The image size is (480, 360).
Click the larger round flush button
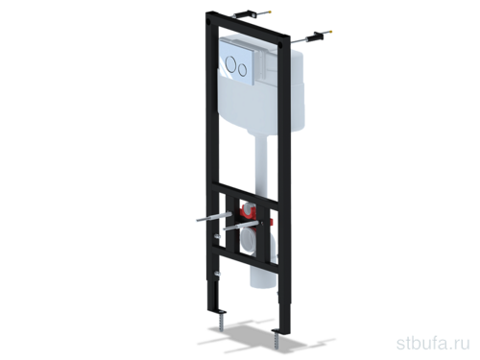[x=230, y=63]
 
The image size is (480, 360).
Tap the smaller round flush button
[x=242, y=69]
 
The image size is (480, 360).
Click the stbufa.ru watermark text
[x=433, y=344]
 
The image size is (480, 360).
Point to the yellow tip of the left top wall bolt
[x=272, y=12]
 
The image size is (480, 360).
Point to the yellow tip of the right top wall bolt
[x=330, y=32]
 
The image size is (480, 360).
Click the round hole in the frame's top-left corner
[x=209, y=22]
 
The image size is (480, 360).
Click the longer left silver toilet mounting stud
[x=214, y=217]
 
